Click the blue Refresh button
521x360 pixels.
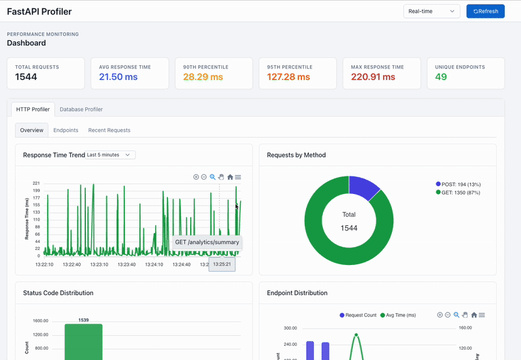pyautogui.click(x=485, y=11)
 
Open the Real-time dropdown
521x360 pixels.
pyautogui.click(x=432, y=11)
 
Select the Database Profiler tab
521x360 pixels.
pyautogui.click(x=81, y=109)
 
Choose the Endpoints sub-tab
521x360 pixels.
pyautogui.click(x=66, y=130)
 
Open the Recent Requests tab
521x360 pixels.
pyautogui.click(x=109, y=130)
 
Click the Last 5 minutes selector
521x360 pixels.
pyautogui.click(x=110, y=155)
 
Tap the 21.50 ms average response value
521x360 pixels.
pyautogui.click(x=118, y=77)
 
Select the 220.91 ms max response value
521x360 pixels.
pyautogui.click(x=373, y=77)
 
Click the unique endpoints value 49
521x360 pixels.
pyautogui.click(x=441, y=77)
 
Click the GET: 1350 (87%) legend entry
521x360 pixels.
pyautogui.click(x=460, y=193)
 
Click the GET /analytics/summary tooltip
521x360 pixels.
pyautogui.click(x=207, y=242)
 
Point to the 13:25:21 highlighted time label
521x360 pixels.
pyautogui.click(x=222, y=264)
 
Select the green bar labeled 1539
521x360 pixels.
pyautogui.click(x=83, y=341)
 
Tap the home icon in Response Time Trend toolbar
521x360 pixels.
pyautogui.click(x=230, y=177)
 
